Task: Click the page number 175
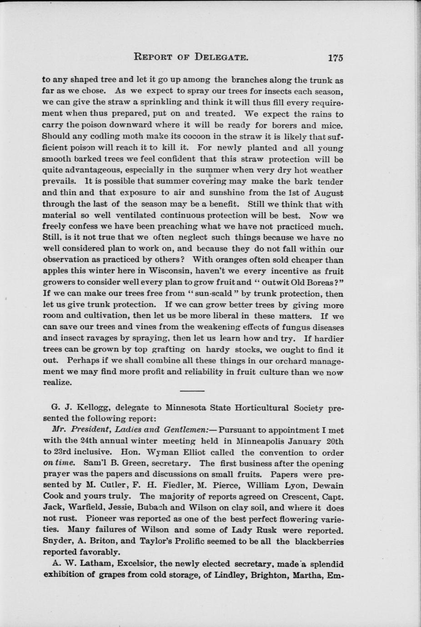pyautogui.click(x=335, y=58)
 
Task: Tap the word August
pyautogui.click(x=327, y=193)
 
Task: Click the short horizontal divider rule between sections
pyautogui.click(x=192, y=391)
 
